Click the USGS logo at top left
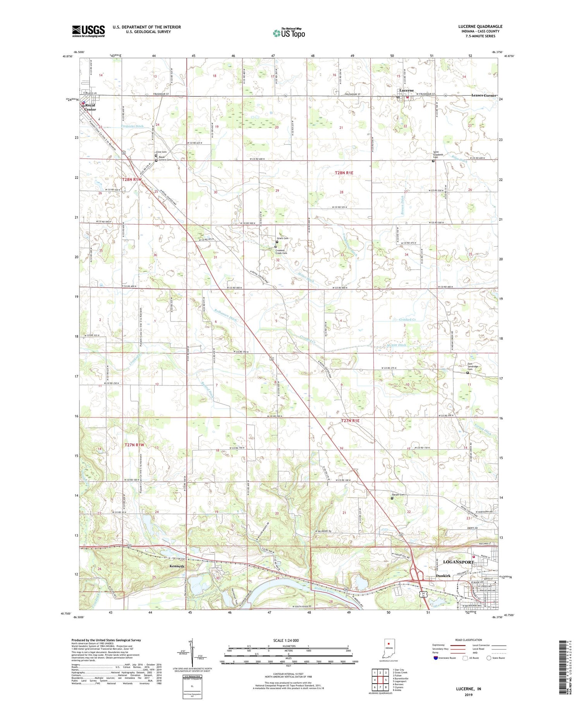point(88,31)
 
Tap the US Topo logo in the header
point(289,33)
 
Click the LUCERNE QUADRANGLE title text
point(480,27)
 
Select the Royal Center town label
point(90,107)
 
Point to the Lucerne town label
point(406,90)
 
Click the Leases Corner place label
point(483,95)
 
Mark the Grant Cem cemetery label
point(282,238)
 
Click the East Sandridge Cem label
point(473,368)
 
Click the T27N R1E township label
point(350,421)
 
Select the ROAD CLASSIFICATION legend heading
point(469,640)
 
